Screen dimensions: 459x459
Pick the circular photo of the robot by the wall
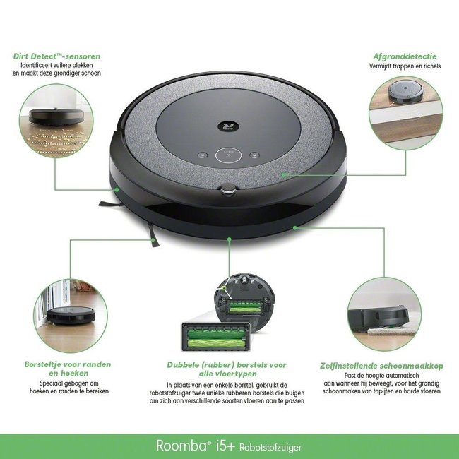[67, 311]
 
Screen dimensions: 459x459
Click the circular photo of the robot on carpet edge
[384, 311]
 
